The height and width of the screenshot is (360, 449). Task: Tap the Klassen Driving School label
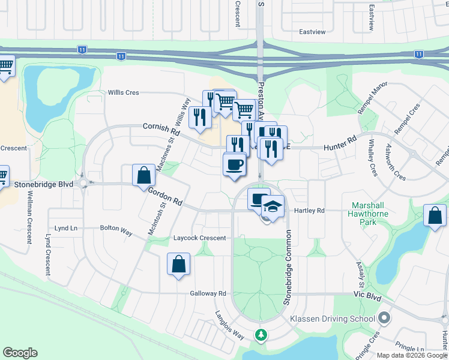333,319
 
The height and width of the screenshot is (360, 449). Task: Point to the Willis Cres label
123,92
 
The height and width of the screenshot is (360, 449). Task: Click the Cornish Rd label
161,127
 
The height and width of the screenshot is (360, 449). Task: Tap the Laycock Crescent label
199,238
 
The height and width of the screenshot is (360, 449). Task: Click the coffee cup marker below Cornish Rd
234,164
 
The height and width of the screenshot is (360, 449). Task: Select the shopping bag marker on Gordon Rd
144,176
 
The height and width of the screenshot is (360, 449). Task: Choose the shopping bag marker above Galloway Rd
179,264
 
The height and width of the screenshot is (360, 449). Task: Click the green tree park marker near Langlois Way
261,334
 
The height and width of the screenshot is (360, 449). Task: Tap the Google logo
20,353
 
